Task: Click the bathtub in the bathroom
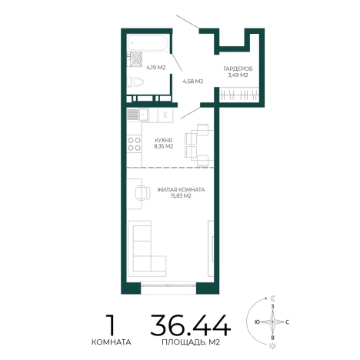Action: click(148, 43)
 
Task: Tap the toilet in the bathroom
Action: click(135, 82)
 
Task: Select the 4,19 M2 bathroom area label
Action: click(156, 68)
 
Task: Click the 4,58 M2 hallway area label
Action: click(193, 82)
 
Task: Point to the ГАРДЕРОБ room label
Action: click(238, 68)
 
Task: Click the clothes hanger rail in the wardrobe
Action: click(239, 95)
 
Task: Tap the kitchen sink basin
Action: click(144, 114)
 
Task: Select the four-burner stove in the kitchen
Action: click(135, 144)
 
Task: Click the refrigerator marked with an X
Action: click(165, 115)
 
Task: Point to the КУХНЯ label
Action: click(164, 140)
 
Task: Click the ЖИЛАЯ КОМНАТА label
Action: click(181, 190)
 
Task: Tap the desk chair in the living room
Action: click(142, 193)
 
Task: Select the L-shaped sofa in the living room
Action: click(147, 248)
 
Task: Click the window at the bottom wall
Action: click(168, 285)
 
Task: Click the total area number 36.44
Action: click(191, 325)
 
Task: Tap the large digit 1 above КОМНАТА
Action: click(111, 325)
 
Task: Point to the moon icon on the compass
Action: click(273, 298)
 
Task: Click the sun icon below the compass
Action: click(272, 346)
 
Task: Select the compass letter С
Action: click(288, 322)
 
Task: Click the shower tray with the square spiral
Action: click(135, 59)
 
